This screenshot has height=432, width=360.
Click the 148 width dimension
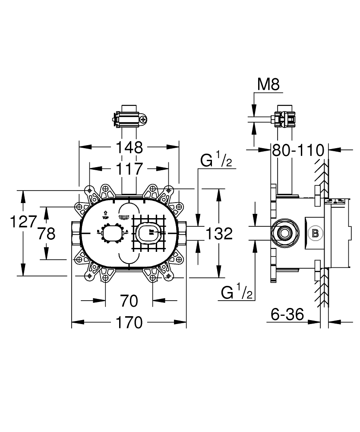coord(129,147)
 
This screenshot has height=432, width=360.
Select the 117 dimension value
coord(129,168)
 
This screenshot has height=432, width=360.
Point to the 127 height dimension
coord(23,222)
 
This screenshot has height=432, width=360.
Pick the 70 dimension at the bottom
coord(129,300)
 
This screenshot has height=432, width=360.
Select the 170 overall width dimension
coord(129,322)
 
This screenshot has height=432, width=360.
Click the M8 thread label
coord(268,85)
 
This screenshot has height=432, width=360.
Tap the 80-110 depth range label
coord(298,150)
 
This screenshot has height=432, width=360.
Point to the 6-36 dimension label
coord(287,314)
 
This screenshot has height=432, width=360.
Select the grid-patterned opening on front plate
coord(149,232)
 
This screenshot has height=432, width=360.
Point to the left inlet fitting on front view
coord(76,233)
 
